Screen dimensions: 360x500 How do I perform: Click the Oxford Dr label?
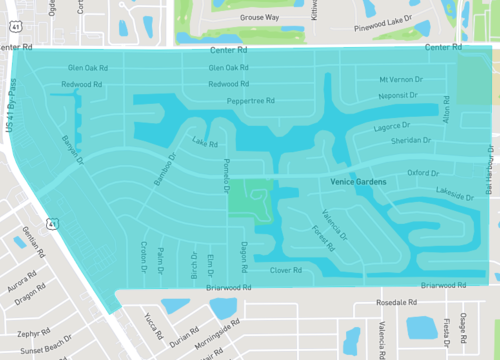424,172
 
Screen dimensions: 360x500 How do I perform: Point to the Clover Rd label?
286,269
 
